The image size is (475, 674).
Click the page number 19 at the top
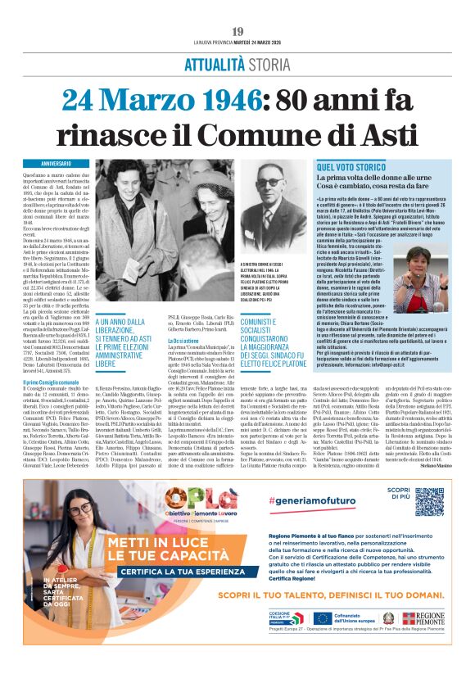[237, 32]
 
